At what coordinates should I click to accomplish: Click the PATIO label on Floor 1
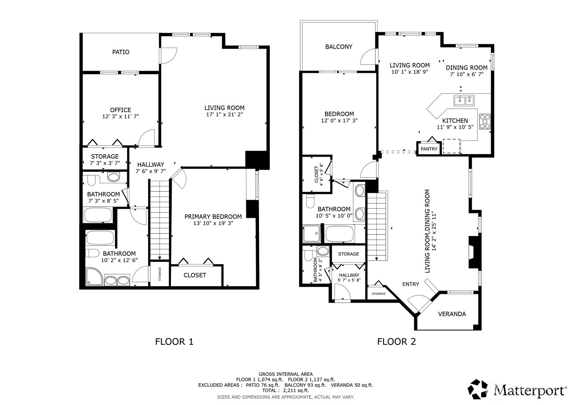pyautogui.click(x=121, y=52)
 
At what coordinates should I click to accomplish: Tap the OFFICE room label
pyautogui.click(x=120, y=110)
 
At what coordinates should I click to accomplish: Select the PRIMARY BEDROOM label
pyautogui.click(x=213, y=217)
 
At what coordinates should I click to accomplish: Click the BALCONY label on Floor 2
pyautogui.click(x=339, y=47)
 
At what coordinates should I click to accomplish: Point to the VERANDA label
pyautogui.click(x=452, y=314)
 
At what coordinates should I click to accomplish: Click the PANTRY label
pyautogui.click(x=429, y=149)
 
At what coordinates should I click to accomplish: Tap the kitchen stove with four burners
pyautogui.click(x=485, y=121)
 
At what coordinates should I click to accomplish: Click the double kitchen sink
pyautogui.click(x=464, y=100)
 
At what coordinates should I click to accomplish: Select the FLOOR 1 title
pyautogui.click(x=174, y=342)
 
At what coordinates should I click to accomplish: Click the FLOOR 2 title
pyautogui.click(x=397, y=342)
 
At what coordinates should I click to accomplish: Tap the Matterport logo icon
pyautogui.click(x=478, y=389)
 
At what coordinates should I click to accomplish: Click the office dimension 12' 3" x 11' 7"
pyautogui.click(x=120, y=117)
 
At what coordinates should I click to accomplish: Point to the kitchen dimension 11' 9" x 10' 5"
pyautogui.click(x=455, y=127)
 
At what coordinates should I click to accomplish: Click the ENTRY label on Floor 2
pyautogui.click(x=411, y=284)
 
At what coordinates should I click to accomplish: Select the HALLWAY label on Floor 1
pyautogui.click(x=151, y=165)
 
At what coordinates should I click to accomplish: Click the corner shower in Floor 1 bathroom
pyautogui.click(x=94, y=276)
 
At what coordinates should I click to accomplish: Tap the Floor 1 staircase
pyautogui.click(x=160, y=220)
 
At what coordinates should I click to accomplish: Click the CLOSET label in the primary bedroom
pyautogui.click(x=195, y=275)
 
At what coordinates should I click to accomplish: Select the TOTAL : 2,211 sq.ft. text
pyautogui.click(x=286, y=390)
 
